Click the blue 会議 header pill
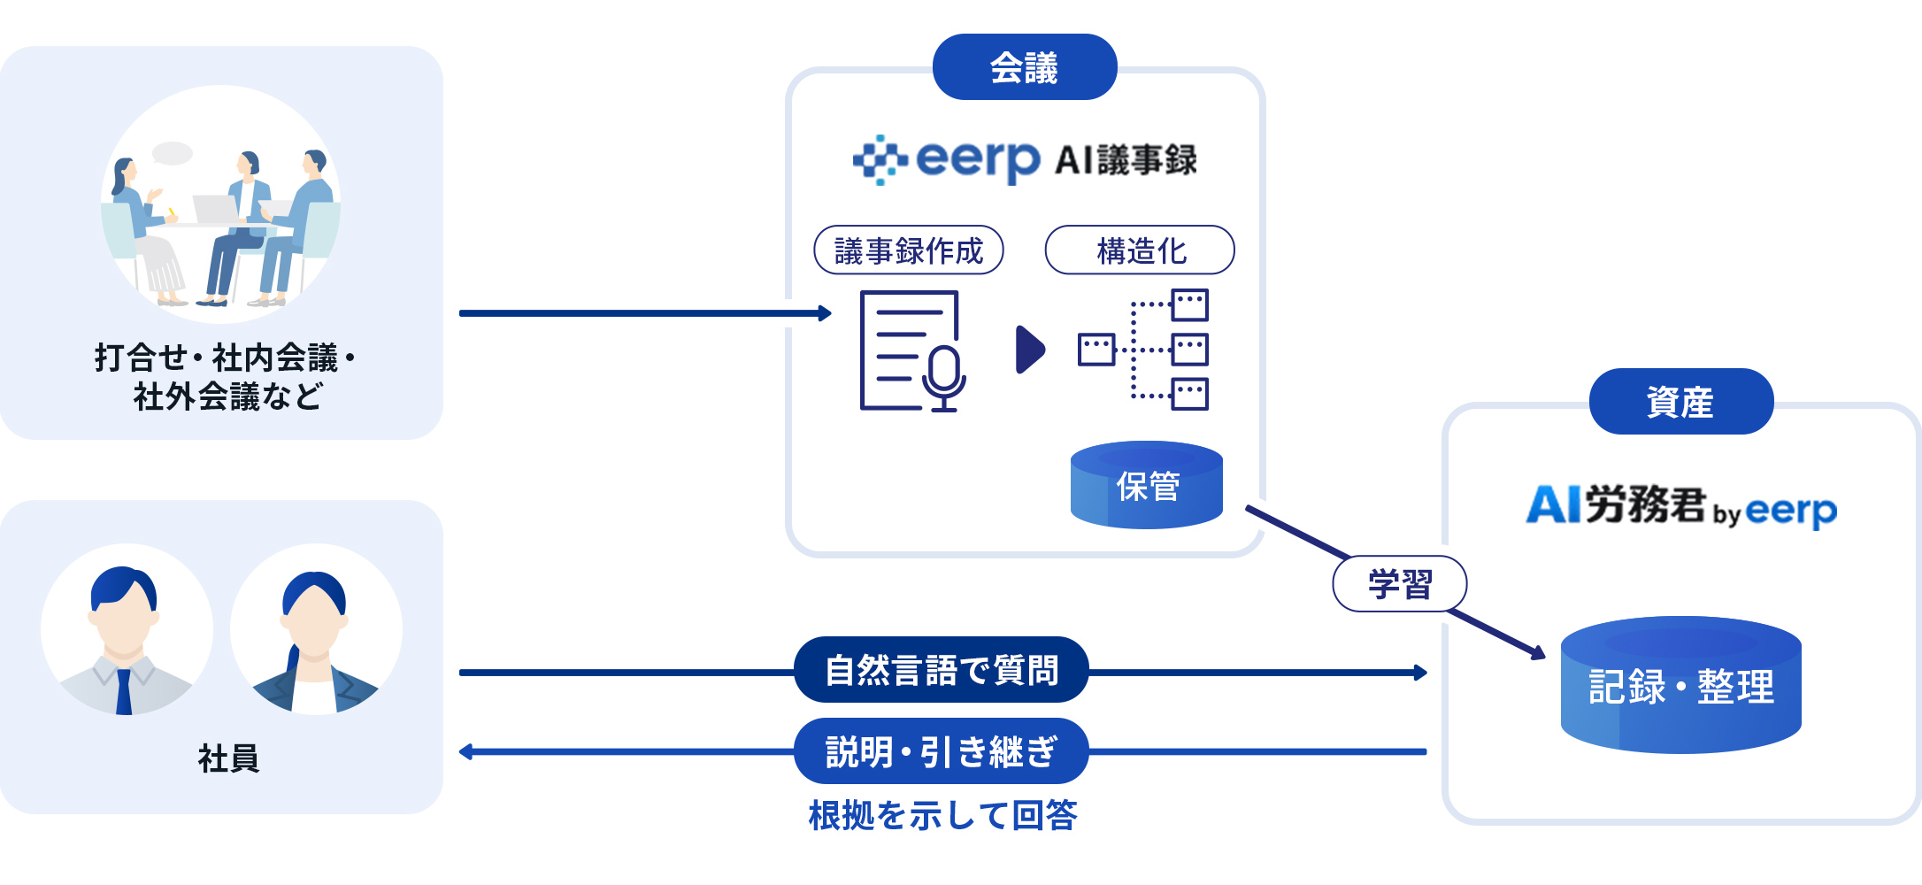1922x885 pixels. [x=1024, y=67]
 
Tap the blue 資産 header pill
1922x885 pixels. [x=1680, y=402]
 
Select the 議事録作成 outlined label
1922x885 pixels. [x=908, y=250]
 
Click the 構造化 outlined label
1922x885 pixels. [x=1140, y=250]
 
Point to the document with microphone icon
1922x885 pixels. [x=911, y=351]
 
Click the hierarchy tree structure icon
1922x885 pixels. [x=1143, y=350]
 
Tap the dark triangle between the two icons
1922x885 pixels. [x=1029, y=350]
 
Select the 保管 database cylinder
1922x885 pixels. [x=1146, y=485]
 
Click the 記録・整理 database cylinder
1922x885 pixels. [x=1680, y=686]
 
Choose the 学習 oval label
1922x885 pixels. [x=1399, y=584]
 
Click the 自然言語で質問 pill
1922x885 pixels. [x=941, y=670]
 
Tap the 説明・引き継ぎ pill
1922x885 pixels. [x=941, y=751]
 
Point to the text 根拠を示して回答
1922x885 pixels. [x=942, y=815]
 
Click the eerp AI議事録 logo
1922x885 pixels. [x=1025, y=160]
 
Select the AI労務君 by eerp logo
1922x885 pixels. [x=1680, y=506]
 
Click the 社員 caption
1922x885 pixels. [x=228, y=758]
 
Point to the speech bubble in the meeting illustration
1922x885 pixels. [x=173, y=153]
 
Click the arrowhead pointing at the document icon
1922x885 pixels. [x=826, y=313]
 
